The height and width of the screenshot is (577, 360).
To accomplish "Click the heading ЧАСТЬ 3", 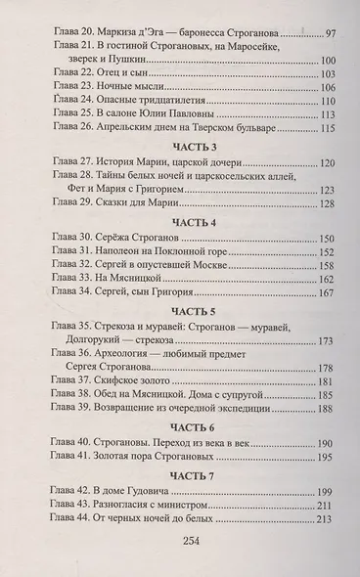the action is (180, 148).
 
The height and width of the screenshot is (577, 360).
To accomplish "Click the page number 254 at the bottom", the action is (180, 563).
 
